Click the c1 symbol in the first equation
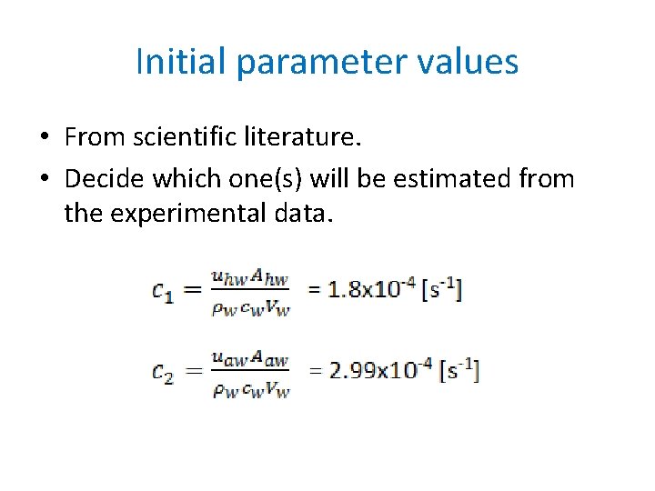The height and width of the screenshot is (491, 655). point(165,291)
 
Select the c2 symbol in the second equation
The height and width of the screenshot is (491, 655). point(164,372)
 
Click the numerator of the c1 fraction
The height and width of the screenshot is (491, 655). point(250,278)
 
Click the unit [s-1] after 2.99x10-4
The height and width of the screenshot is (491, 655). point(459,371)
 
